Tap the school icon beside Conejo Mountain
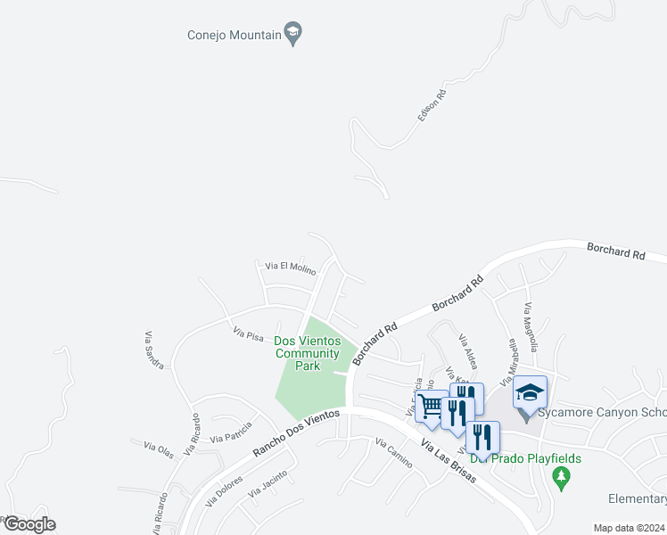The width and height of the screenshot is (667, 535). [293, 35]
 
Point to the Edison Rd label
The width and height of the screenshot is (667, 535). [431, 105]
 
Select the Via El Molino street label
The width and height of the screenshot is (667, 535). [291, 267]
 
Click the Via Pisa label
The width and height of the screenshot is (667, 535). [249, 335]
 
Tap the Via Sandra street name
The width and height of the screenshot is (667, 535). [152, 350]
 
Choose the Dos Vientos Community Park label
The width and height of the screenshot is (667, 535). [308, 353]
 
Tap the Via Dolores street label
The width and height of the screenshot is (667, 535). [225, 490]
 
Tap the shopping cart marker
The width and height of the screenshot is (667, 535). [432, 406]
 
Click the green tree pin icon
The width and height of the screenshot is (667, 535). [562, 479]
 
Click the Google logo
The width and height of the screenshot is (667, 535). [29, 524]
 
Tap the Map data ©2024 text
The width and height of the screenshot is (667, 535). [629, 528]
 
